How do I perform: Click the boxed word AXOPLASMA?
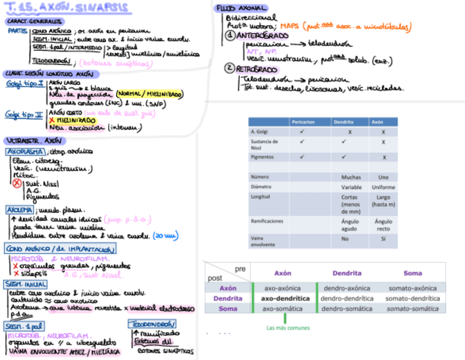click(25, 151)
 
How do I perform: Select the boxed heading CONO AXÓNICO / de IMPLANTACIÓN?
click(60, 249)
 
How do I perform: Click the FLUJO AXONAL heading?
click(241, 8)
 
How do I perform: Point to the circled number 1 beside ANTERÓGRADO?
click(230, 36)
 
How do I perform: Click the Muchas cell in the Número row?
click(351, 177)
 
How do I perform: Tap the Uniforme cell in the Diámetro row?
click(383, 187)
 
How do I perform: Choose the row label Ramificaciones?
click(267, 221)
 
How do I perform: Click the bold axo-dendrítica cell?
click(283, 299)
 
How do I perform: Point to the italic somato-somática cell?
click(412, 309)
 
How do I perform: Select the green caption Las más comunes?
click(288, 328)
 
